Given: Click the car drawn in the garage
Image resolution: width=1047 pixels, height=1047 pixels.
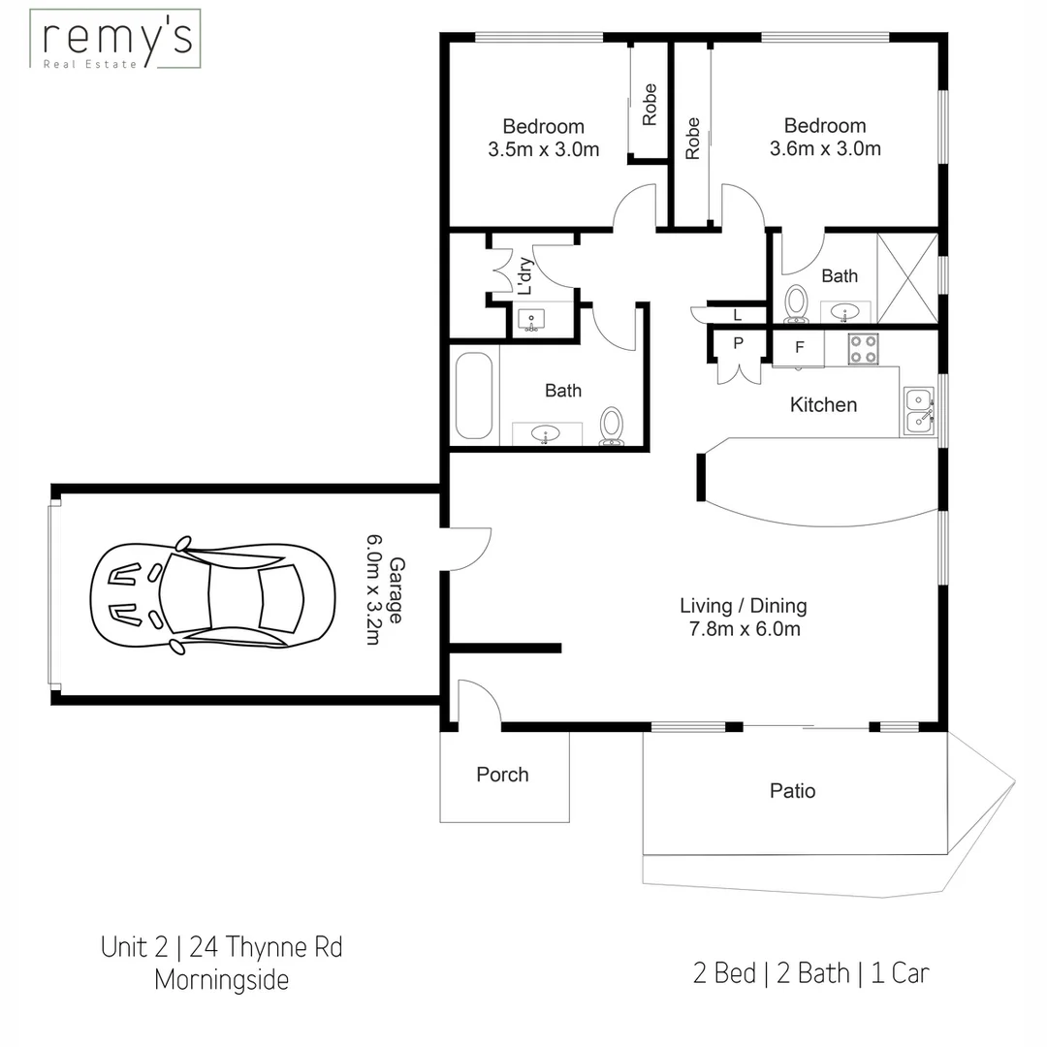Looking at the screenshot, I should pos(212,591).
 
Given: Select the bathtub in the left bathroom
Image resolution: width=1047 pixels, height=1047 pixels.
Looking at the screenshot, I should pos(473,396).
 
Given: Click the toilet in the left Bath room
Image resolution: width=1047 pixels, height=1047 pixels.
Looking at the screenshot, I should pos(612,425).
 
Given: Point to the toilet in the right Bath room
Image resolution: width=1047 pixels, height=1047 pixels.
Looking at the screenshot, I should pos(796,302).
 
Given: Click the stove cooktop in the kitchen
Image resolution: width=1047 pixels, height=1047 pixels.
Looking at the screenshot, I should pos(863,349).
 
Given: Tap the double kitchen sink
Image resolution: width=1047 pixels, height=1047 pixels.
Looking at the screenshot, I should pos(917,410).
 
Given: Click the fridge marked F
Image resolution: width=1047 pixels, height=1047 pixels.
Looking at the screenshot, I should pos(799,347).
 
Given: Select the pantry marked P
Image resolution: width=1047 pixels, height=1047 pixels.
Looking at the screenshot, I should pos(738,343).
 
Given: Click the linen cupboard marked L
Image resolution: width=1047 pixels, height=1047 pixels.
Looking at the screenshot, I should pos(737,314).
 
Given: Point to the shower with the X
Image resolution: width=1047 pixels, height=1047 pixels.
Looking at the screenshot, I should pos(907,277).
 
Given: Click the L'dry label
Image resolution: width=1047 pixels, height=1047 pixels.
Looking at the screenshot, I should pos(524,276).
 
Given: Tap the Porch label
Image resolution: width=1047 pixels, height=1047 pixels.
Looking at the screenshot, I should pos(502,775).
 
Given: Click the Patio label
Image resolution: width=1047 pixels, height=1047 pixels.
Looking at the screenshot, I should pos(792,791).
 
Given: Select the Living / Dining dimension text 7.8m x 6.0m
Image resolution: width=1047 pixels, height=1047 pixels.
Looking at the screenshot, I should pos(743,629).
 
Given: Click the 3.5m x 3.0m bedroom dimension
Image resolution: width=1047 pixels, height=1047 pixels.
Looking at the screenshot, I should pos(543,149).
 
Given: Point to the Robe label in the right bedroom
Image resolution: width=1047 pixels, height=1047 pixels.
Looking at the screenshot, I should pos(692,138).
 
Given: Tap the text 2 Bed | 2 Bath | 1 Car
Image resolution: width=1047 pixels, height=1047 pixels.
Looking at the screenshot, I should pos(810,972).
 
